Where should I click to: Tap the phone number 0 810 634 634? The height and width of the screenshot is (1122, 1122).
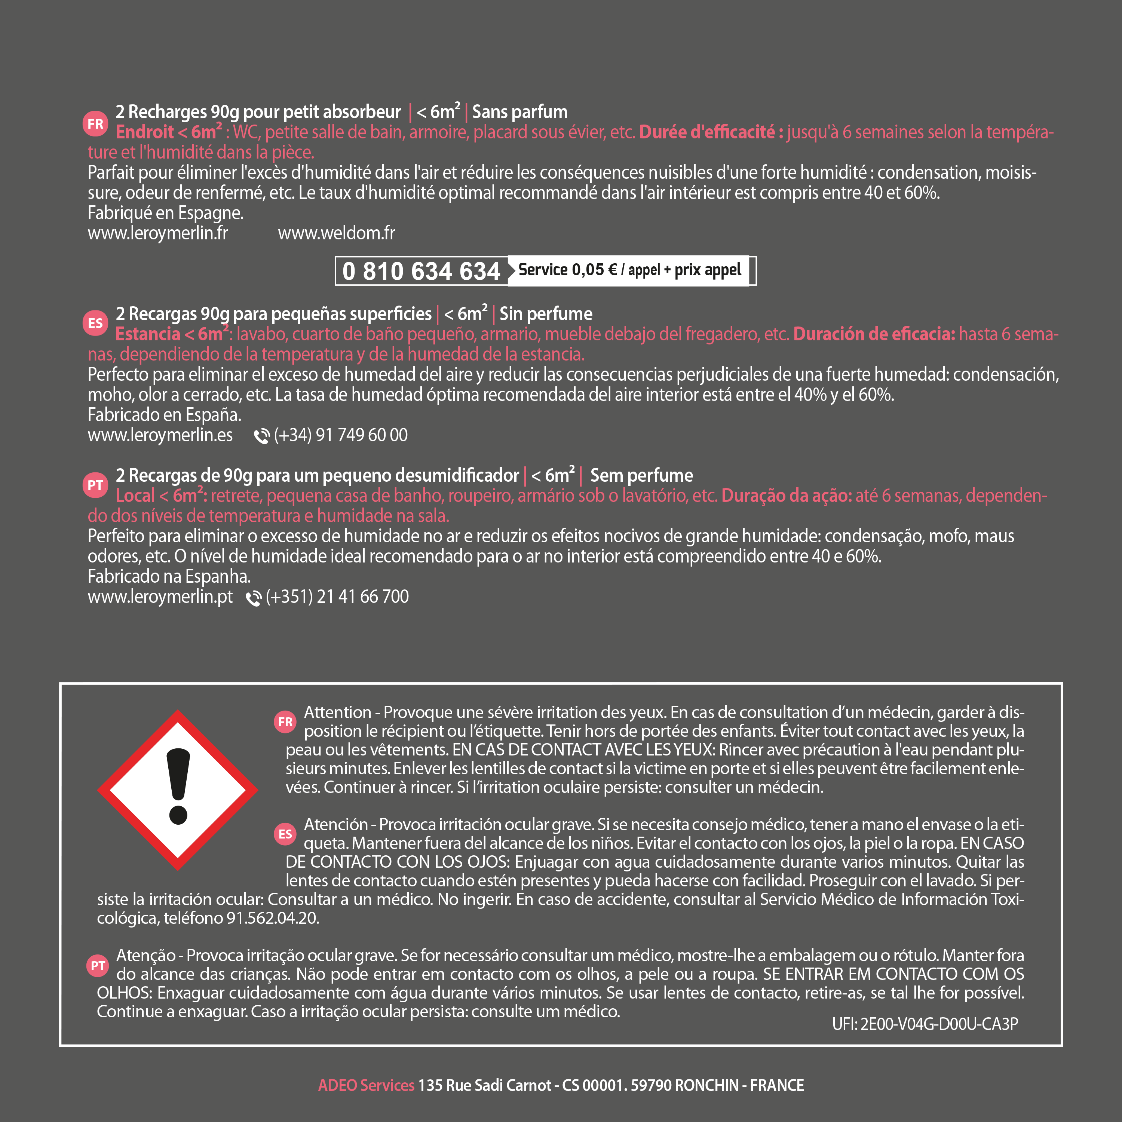pyautogui.click(x=421, y=271)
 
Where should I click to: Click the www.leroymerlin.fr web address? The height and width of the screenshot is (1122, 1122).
pyautogui.click(x=157, y=233)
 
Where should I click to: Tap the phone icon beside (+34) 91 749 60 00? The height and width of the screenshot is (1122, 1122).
pyautogui.click(x=261, y=436)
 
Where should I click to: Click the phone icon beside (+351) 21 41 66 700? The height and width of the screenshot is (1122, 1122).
pyautogui.click(x=253, y=598)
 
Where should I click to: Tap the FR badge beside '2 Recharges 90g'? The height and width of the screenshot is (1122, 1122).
pyautogui.click(x=95, y=124)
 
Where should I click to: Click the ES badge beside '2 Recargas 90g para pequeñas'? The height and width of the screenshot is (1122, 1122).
pyautogui.click(x=95, y=323)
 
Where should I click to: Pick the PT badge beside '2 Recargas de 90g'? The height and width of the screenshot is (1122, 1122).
pyautogui.click(x=95, y=485)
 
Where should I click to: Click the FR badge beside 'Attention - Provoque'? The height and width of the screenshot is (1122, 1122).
pyautogui.click(x=285, y=722)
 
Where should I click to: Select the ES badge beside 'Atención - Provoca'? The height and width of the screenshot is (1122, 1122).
pyautogui.click(x=285, y=834)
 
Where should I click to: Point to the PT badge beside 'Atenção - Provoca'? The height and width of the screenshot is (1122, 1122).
pyautogui.click(x=98, y=965)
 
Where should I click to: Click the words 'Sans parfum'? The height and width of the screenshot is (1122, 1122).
pyautogui.click(x=520, y=111)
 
